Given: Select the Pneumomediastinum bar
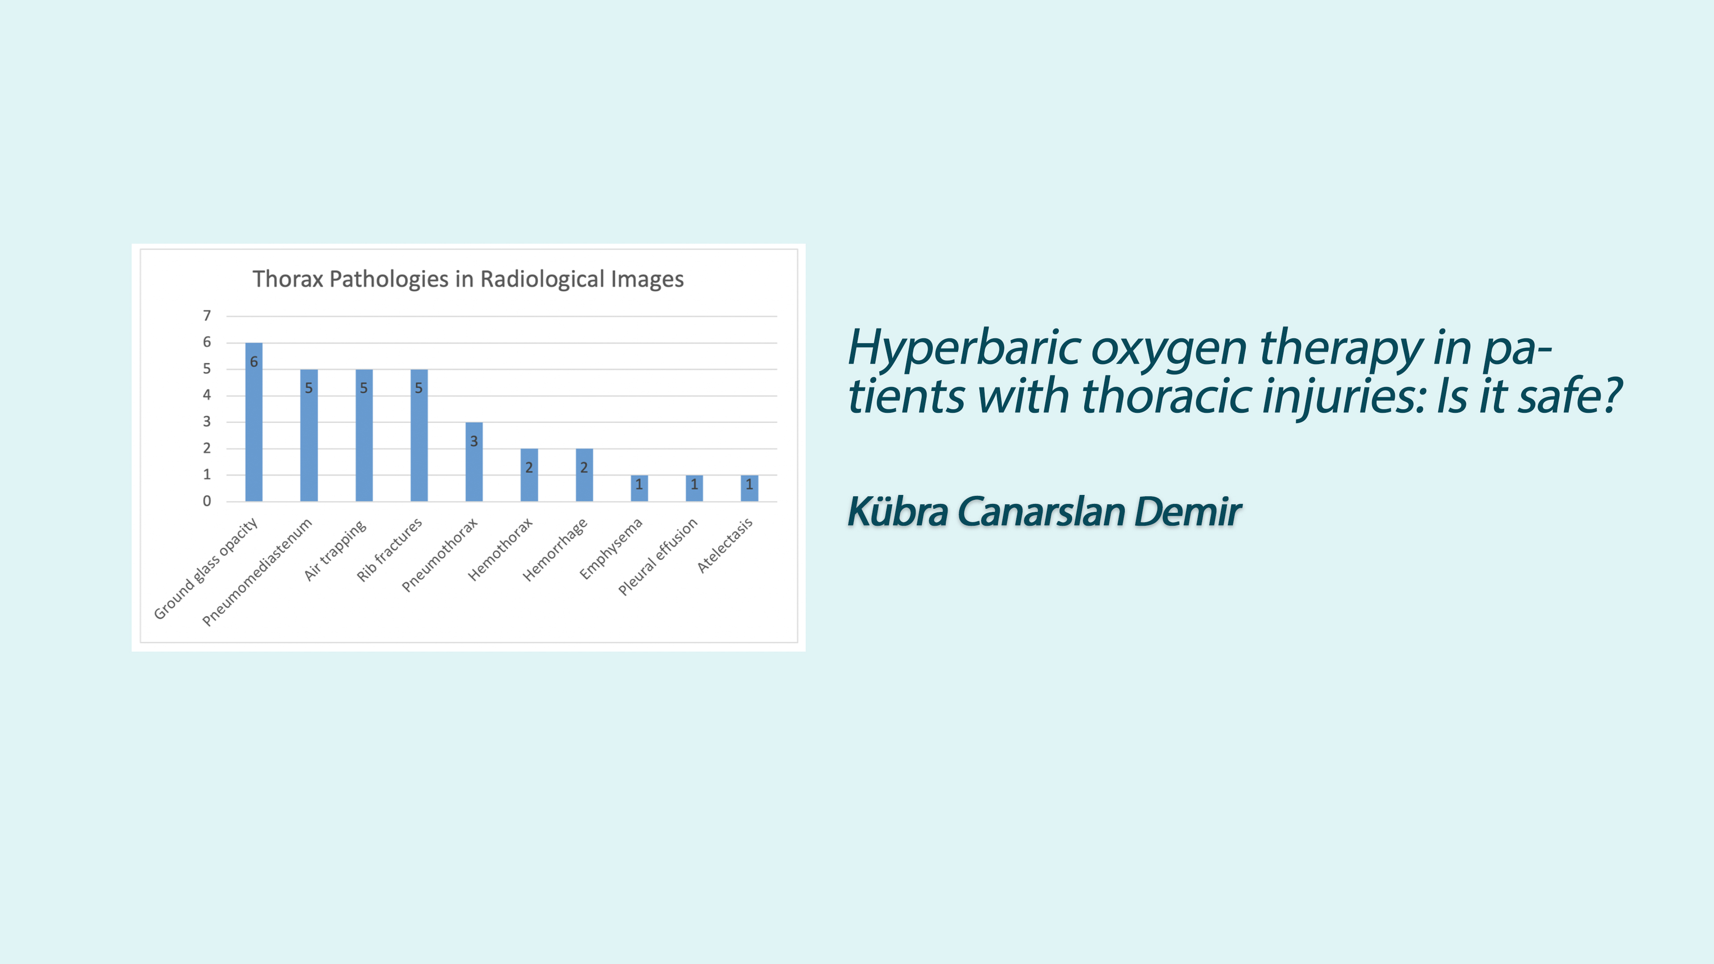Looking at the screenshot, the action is [309, 435].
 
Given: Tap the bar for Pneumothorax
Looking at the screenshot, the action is [474, 462].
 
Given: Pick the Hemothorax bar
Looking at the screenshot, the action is [529, 475].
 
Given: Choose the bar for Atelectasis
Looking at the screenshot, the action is [749, 488].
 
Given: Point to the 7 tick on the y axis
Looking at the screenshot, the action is [207, 316].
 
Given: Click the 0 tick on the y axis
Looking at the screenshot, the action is [207, 501].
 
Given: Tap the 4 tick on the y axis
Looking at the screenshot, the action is [207, 395].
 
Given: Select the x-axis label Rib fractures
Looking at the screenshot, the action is [389, 549].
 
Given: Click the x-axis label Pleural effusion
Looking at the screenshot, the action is [657, 556].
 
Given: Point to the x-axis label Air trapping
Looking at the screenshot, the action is [335, 549].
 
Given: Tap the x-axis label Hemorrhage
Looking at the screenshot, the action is [555, 549].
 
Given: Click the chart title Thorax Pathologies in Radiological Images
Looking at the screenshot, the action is [468, 279].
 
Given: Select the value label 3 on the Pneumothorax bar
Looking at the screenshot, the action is [474, 441].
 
